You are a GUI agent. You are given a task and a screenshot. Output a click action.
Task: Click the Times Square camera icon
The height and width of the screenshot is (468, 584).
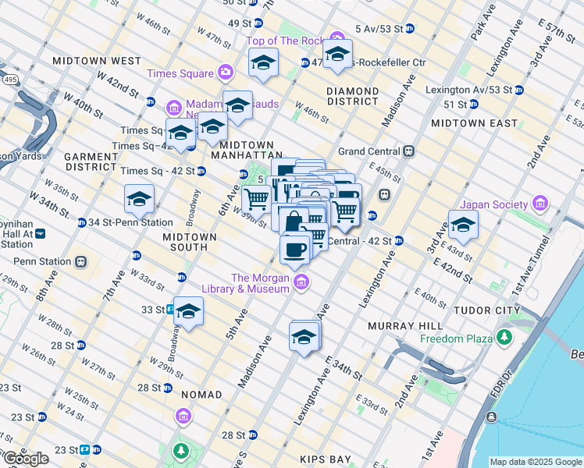pyautogui.click(x=226, y=73)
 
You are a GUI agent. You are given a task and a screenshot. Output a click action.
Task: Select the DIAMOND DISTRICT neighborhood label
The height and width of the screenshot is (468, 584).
pyautogui.click(x=353, y=96)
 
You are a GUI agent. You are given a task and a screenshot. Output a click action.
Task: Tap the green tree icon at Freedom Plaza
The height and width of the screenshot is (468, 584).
pyautogui.click(x=505, y=338)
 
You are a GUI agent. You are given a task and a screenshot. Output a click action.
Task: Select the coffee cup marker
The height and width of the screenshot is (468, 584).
pyautogui.click(x=294, y=250)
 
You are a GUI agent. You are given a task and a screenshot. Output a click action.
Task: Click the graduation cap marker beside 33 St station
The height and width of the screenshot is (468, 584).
pyautogui.click(x=188, y=311)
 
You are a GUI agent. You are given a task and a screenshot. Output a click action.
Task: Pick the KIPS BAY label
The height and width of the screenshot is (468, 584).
pyautogui.click(x=326, y=460)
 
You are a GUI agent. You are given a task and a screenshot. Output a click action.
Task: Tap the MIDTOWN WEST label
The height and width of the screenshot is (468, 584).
pyautogui.click(x=97, y=61)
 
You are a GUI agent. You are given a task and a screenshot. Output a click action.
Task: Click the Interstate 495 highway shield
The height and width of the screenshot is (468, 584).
pyautogui.click(x=6, y=79)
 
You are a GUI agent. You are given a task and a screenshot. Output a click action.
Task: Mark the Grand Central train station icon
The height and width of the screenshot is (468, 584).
pyautogui.click(x=408, y=151)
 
